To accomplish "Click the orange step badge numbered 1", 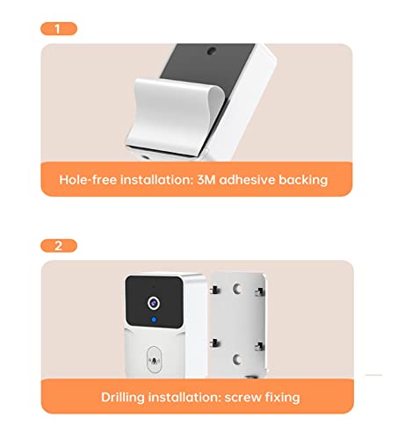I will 58,28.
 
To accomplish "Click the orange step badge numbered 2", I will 58,245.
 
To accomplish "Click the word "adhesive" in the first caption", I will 256,179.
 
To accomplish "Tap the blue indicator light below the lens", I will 154,320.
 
